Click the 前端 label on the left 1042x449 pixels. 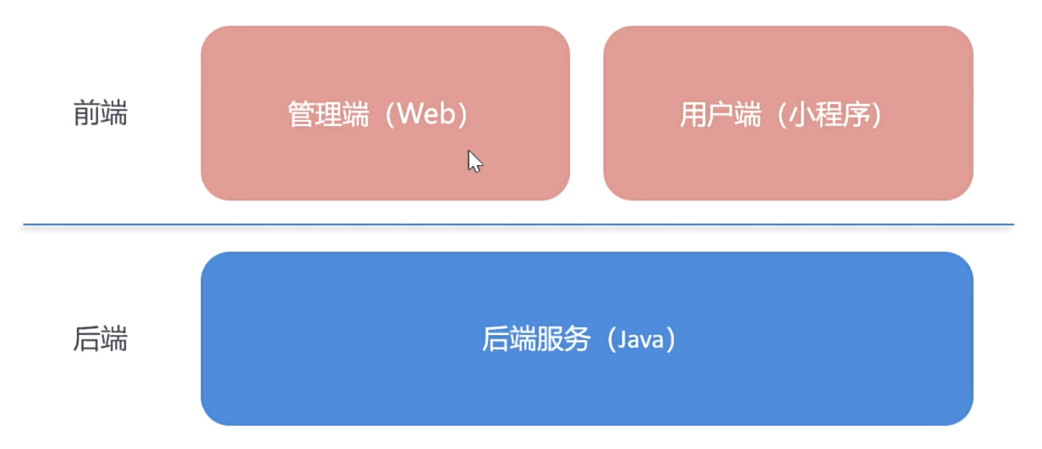100,114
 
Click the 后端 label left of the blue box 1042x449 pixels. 100,340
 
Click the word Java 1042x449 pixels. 640,340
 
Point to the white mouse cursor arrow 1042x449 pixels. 475,161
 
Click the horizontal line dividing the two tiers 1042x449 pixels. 518,225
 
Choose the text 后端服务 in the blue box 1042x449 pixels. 536,340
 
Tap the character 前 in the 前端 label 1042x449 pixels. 86,114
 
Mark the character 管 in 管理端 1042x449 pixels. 302,115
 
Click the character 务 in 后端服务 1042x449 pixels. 576,340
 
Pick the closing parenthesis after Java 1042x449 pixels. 671,340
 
